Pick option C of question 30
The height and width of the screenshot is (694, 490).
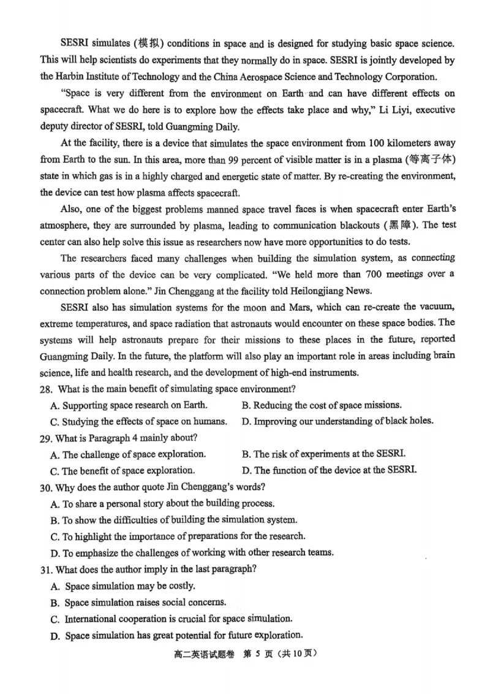(x=178, y=536)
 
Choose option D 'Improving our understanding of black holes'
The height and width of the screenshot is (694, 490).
(x=337, y=421)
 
